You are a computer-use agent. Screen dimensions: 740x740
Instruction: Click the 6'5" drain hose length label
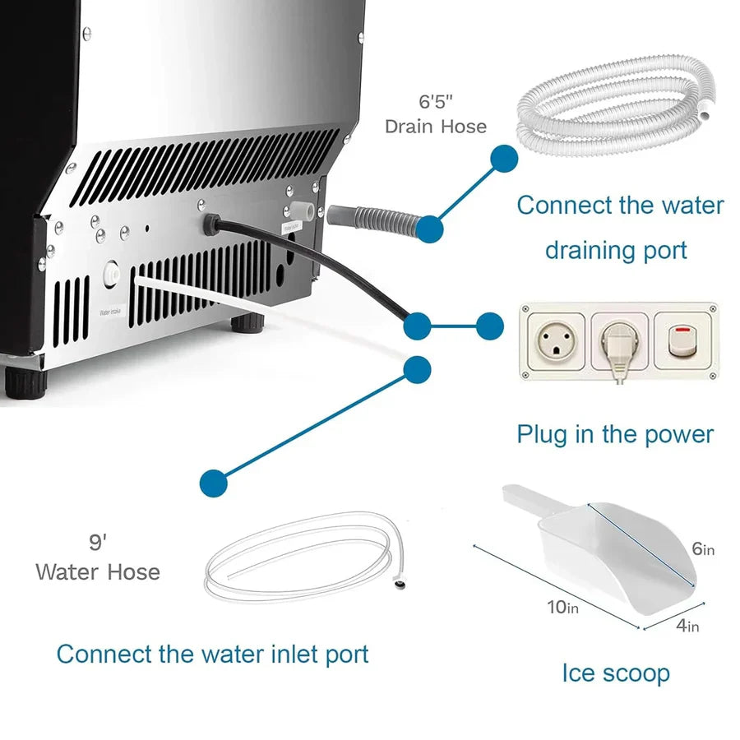click(x=436, y=103)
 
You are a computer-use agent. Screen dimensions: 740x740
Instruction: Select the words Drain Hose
click(x=436, y=127)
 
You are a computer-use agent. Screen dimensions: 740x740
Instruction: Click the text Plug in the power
click(x=615, y=433)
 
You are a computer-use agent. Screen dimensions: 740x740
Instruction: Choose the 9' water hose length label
click(x=98, y=543)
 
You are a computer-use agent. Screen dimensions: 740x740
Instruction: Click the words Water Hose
click(x=98, y=571)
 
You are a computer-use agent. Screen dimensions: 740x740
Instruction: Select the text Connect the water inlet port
click(x=212, y=654)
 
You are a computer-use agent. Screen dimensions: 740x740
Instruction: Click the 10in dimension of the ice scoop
click(x=562, y=608)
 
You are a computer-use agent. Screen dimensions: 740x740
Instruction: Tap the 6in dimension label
click(x=703, y=549)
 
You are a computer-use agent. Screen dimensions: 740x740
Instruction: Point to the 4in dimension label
click(x=687, y=626)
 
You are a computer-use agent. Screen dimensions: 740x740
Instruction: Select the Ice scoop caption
click(x=616, y=673)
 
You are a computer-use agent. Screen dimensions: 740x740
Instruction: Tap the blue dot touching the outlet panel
click(x=490, y=326)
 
